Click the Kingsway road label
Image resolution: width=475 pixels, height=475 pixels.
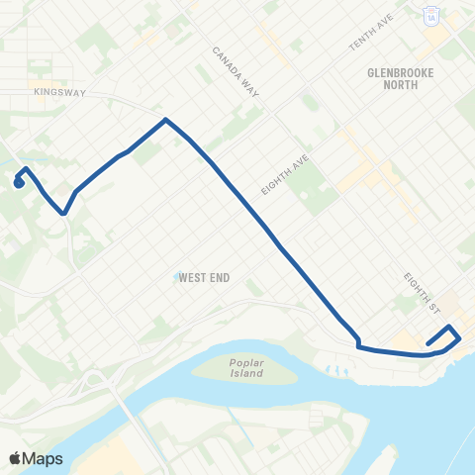(59, 93)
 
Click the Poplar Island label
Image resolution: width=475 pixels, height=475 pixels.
(241, 367)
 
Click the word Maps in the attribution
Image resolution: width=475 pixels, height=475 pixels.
(43, 458)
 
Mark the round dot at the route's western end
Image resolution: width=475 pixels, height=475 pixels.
(19, 182)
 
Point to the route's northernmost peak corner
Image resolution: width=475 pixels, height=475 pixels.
(165, 120)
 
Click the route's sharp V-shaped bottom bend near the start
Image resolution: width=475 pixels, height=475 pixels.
(63, 212)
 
